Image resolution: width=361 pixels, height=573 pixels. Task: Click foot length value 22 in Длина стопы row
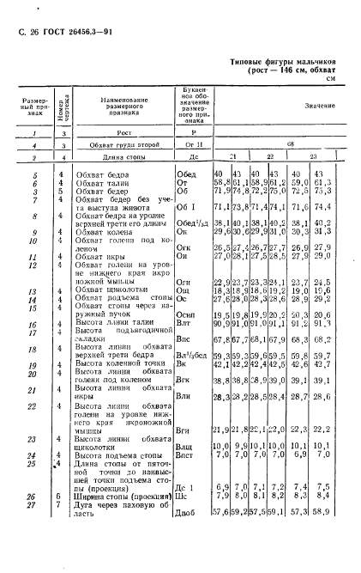click(270, 159)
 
